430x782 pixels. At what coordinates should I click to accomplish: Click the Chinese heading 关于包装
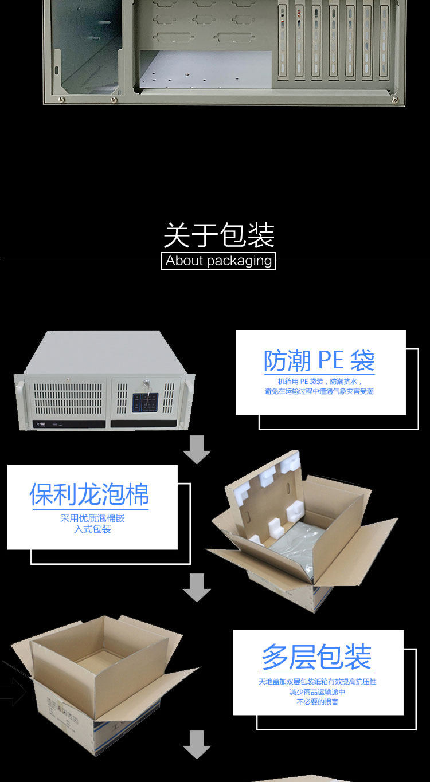coord(218,235)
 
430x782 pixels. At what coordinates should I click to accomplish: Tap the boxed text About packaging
coord(218,261)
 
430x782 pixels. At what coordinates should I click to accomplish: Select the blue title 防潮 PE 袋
coord(319,361)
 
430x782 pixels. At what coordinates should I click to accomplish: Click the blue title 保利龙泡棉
coord(89,494)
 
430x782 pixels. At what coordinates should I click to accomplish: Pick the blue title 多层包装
coord(317,657)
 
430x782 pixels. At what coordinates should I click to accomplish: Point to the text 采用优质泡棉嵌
coord(92,518)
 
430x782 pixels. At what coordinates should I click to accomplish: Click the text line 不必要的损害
coord(317,702)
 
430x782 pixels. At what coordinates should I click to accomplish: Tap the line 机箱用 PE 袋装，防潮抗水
coord(319,382)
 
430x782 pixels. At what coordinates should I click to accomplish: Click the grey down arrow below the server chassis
coord(197,450)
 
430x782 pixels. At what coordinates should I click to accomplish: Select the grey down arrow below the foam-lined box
coord(197,588)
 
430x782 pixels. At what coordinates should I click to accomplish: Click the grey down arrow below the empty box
coord(197,745)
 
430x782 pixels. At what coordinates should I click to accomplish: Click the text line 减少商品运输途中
coord(317,692)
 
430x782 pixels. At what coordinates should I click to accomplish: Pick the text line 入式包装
coord(92,529)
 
